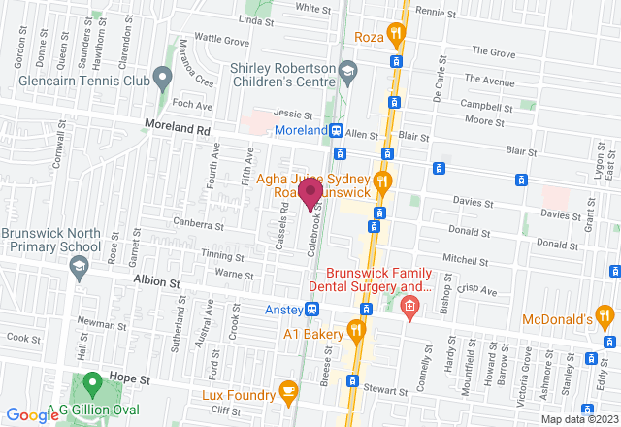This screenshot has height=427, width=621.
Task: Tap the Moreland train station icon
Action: [335, 130]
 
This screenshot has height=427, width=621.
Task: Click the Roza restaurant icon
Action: [394, 37]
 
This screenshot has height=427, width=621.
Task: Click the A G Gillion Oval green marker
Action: [92, 381]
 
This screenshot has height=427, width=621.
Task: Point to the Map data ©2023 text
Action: [578, 419]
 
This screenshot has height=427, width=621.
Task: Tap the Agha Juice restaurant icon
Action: [381, 181]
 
